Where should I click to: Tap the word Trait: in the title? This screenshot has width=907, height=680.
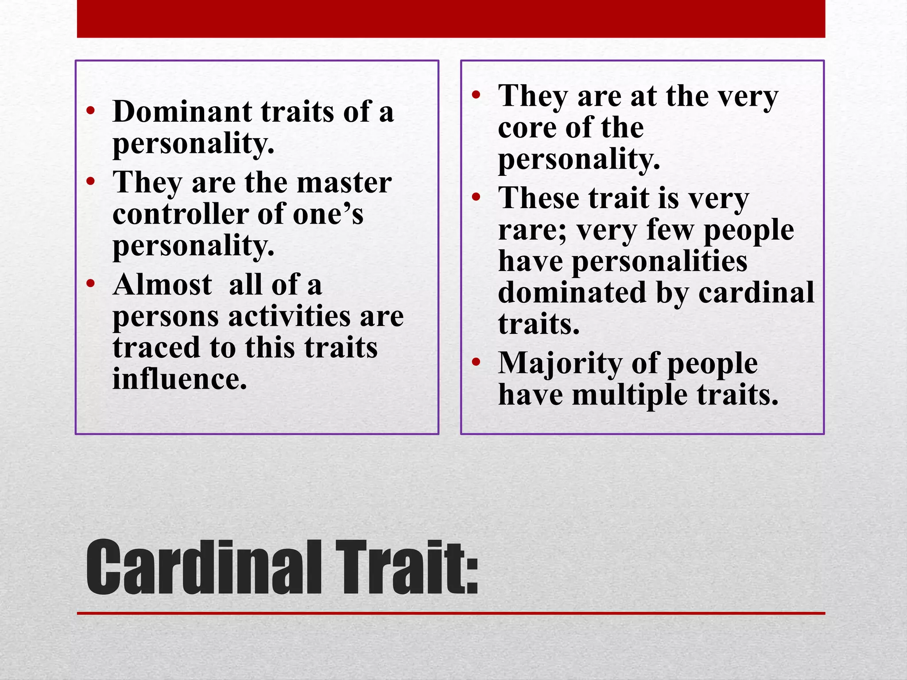(x=406, y=568)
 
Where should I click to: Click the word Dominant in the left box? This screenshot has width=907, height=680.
(x=182, y=111)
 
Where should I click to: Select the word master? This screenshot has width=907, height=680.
(x=344, y=182)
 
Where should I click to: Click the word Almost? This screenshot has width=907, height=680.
(x=162, y=284)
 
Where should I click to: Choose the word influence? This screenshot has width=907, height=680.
(x=179, y=379)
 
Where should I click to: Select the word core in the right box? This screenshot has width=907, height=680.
(x=527, y=128)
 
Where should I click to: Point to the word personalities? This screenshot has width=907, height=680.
(x=659, y=261)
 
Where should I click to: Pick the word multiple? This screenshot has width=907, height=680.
(x=629, y=395)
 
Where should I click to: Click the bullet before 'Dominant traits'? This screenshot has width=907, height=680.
(x=91, y=111)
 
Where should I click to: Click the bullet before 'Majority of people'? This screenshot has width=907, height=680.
(x=476, y=363)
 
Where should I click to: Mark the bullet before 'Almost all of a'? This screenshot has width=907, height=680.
(x=91, y=283)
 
